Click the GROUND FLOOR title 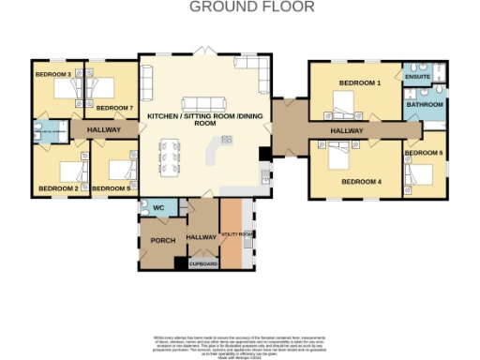(252, 7)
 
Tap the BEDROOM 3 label (53, 73)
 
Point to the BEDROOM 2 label (58, 188)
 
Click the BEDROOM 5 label (115, 188)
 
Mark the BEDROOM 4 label (361, 181)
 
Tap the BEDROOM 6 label (424, 153)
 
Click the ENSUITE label (417, 78)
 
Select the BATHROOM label (424, 105)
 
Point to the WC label (158, 207)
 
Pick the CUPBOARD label (203, 264)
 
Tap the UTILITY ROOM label (236, 233)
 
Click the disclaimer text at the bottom (239, 345)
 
